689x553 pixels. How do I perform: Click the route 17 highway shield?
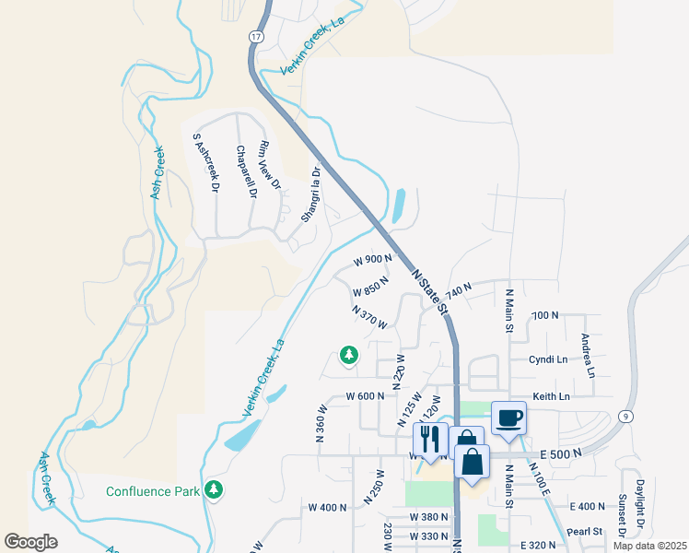click(254, 36)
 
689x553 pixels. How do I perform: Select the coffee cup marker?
click(508, 418)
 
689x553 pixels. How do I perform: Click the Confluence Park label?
click(153, 491)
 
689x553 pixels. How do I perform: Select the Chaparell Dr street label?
click(245, 172)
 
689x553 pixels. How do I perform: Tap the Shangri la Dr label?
click(311, 194)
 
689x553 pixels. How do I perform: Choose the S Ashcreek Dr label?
click(205, 162)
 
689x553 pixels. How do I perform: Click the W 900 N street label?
click(371, 261)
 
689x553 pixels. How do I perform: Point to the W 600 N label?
click(366, 395)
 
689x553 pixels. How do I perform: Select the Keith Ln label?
click(551, 395)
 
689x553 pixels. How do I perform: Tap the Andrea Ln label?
click(586, 356)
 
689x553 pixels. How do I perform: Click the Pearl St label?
click(585, 531)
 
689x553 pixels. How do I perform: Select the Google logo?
click(30, 542)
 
